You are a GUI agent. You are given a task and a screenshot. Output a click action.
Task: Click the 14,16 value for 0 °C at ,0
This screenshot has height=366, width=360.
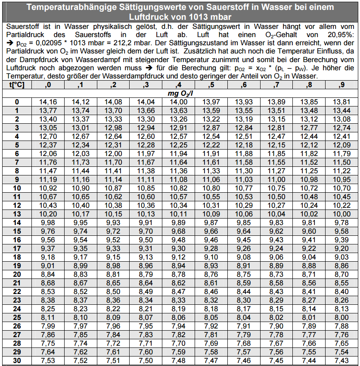click(x=48, y=102)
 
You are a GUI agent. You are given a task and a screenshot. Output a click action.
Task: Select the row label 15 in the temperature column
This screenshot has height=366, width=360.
click(x=17, y=231)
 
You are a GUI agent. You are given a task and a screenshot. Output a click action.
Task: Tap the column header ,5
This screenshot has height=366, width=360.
click(x=211, y=85)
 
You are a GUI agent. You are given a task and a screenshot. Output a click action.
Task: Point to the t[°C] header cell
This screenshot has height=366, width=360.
click(x=17, y=85)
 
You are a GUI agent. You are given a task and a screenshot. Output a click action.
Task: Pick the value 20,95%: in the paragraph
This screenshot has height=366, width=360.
click(x=340, y=34)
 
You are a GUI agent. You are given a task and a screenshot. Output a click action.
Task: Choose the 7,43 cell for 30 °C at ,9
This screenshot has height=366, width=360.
click(x=341, y=360)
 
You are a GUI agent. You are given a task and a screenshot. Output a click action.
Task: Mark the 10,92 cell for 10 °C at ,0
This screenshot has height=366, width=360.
click(x=48, y=188)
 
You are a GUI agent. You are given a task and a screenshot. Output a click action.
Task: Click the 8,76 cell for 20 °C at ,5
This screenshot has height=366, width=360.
click(x=211, y=274)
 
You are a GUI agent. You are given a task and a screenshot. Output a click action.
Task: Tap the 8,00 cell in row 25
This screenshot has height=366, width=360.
click(x=341, y=317)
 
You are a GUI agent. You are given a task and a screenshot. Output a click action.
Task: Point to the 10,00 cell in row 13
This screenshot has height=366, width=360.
click(x=341, y=214)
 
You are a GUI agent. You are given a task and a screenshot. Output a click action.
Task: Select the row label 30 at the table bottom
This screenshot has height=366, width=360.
click(x=17, y=360)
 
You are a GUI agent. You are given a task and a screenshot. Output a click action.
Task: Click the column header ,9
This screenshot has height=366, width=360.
click(x=341, y=85)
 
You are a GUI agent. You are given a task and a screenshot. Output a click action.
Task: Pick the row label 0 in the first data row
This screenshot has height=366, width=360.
click(x=17, y=102)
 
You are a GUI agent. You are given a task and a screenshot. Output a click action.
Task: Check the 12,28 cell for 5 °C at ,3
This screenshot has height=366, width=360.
click(x=146, y=145)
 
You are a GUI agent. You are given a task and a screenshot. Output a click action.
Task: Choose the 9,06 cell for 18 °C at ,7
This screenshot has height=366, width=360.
click(x=276, y=257)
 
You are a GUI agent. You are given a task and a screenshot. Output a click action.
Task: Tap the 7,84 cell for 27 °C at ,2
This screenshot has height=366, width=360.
click(x=113, y=335)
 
